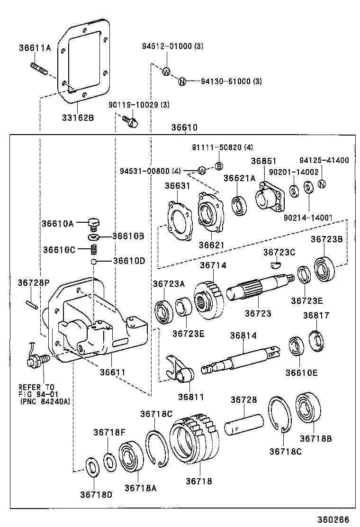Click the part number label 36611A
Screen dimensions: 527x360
35,47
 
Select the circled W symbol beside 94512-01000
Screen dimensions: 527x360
166,72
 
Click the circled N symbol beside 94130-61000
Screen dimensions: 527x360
181,82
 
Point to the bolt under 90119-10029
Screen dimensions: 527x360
130,121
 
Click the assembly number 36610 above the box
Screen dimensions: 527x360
184,128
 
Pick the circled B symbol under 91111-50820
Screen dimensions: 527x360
219,166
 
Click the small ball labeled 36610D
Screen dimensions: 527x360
95,261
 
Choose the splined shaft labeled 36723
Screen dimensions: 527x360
258,288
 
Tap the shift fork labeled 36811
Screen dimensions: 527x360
181,370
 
